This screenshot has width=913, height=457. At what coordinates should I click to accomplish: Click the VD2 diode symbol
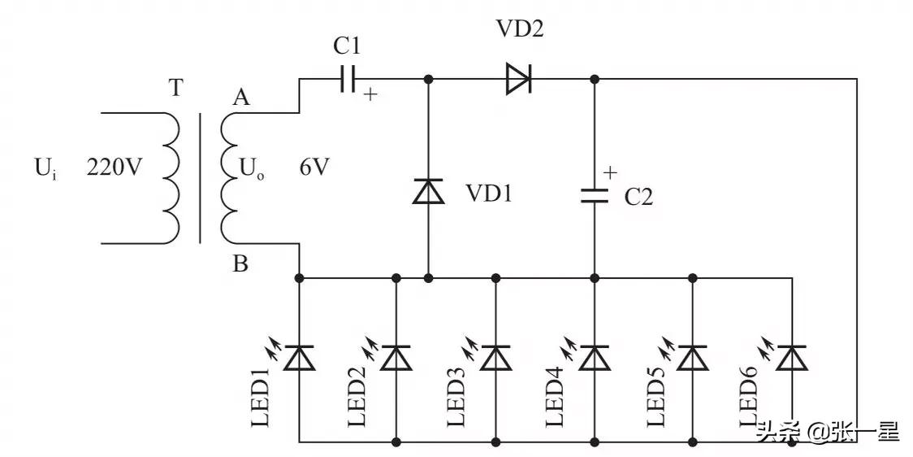click(x=517, y=79)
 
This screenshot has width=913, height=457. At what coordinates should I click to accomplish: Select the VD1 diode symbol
click(x=428, y=192)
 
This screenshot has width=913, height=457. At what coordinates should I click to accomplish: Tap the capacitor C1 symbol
click(x=347, y=79)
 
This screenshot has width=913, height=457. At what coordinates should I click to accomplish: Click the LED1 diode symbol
click(x=300, y=358)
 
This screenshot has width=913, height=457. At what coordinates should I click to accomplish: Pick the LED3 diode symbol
click(x=495, y=358)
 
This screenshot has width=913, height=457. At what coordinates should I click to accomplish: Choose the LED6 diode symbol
click(x=791, y=358)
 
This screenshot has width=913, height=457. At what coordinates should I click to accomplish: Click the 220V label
click(x=114, y=168)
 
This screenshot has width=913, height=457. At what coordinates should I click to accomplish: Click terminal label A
click(x=240, y=98)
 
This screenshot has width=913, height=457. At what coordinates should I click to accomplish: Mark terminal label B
click(x=241, y=265)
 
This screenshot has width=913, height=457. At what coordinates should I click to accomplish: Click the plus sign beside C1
click(x=370, y=95)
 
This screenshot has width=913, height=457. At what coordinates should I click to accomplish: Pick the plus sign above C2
click(x=610, y=172)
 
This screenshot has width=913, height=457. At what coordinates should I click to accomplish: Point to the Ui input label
click(x=46, y=170)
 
